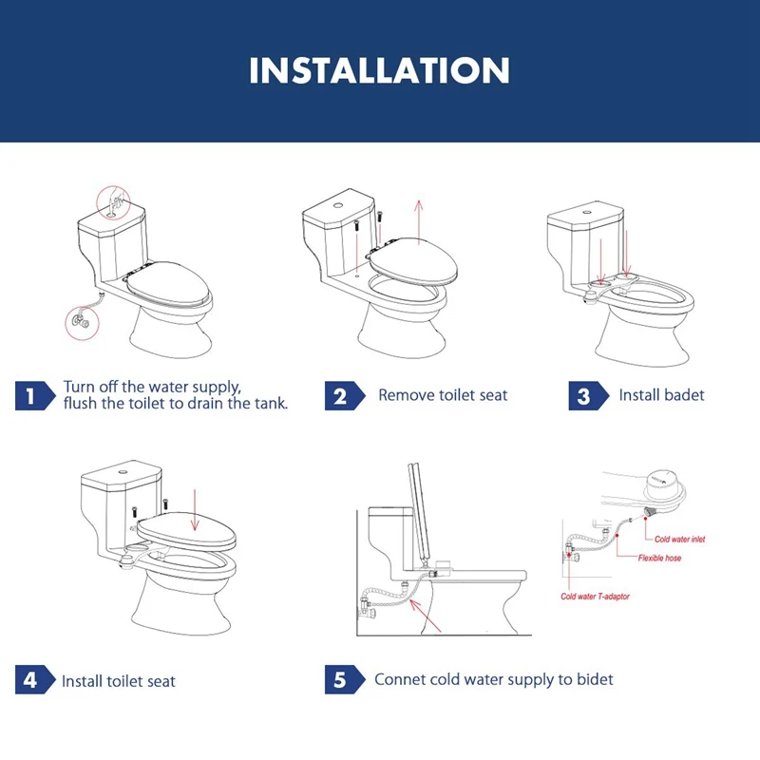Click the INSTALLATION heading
tap(379, 70)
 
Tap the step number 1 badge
tap(35, 395)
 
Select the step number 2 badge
tap(344, 395)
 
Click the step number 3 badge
tap(588, 395)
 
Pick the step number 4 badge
tap(35, 679)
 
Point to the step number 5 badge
tap(344, 679)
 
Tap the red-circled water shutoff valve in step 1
tap(83, 322)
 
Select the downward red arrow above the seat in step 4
tap(195, 510)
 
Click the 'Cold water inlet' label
tap(679, 539)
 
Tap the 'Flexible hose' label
tap(659, 558)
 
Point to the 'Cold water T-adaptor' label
tap(596, 597)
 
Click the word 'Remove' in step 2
tap(407, 395)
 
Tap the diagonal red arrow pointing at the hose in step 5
tap(425, 616)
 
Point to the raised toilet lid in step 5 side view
tap(421, 513)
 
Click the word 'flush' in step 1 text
tap(80, 403)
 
